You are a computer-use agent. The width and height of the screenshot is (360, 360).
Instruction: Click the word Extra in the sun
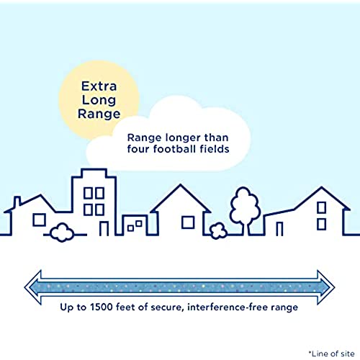99,86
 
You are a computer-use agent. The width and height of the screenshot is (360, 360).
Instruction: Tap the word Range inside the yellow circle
99,114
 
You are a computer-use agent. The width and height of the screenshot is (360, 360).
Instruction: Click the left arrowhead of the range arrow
33,287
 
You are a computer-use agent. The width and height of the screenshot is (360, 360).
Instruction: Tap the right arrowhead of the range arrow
326,287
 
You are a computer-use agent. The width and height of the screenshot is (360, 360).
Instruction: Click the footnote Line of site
332,354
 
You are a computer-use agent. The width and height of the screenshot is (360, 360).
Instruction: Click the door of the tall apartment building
104,228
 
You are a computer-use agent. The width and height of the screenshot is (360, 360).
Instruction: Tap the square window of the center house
188,222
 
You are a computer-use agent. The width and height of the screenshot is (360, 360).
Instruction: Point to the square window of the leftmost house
39,220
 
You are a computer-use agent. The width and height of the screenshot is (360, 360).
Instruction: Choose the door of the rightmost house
279,229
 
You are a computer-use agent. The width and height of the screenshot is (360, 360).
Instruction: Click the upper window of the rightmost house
322,207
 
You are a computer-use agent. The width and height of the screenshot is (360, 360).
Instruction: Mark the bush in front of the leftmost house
62,233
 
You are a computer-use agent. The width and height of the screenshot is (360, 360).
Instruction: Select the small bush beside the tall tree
218,231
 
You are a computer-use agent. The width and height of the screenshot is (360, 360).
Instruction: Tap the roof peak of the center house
181,185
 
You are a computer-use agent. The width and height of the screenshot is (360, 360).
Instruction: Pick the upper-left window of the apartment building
88,193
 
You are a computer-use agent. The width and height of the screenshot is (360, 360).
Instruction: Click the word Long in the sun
99,100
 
